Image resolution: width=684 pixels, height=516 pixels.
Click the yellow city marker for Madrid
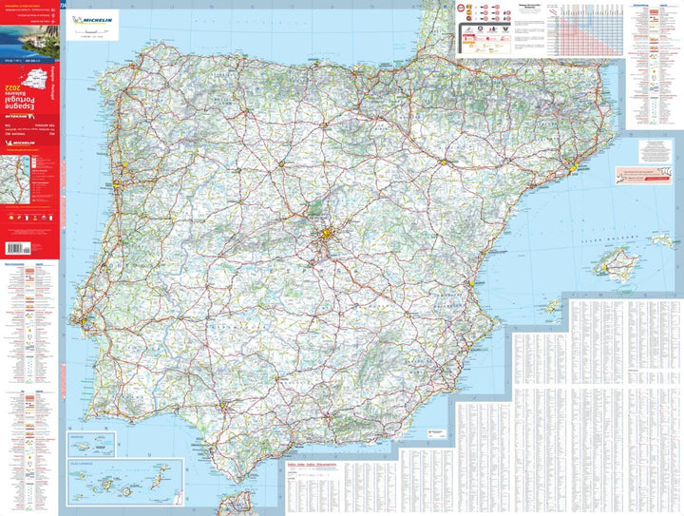326,234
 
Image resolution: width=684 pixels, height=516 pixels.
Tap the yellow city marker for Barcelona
573,168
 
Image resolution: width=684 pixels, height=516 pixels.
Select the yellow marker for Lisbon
85,322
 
